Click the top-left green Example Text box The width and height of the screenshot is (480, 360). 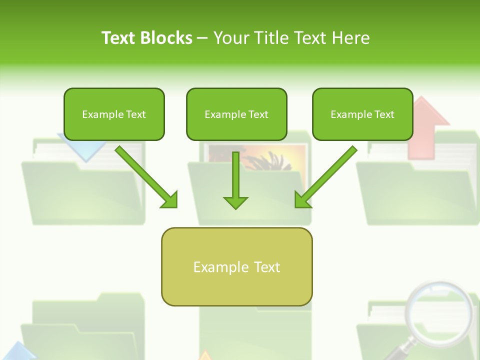point(114,114)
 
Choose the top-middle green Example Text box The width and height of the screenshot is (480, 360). point(236,114)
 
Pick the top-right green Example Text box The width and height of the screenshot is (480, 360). point(362,114)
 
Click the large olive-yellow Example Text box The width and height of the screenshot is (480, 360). point(236,266)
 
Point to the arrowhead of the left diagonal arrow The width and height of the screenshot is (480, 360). point(170,200)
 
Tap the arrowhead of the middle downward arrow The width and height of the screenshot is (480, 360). point(235,202)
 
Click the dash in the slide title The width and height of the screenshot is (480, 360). point(202,38)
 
